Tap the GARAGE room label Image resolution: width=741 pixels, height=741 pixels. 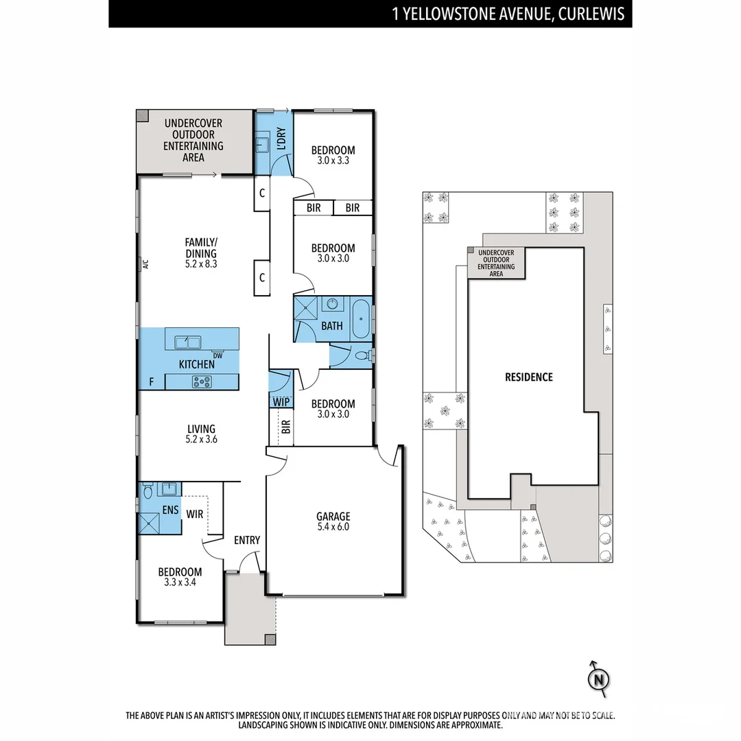[333, 517]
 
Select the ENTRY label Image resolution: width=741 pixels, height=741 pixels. [247, 540]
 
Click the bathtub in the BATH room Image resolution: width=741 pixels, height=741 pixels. [360, 318]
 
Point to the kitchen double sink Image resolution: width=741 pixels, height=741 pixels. [187, 341]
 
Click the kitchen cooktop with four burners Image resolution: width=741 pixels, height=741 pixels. [202, 382]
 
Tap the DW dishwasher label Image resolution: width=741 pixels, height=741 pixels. [217, 355]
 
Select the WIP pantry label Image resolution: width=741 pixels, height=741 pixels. [280, 401]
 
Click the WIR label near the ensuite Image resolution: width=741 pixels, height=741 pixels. [194, 513]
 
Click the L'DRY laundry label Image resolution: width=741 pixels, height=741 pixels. [281, 140]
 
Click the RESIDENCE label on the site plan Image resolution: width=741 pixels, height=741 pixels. [528, 377]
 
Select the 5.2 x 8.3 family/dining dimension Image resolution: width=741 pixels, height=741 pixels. [200, 263]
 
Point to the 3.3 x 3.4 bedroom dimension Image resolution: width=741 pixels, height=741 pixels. [180, 583]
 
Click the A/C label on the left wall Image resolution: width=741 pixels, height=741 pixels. [145, 263]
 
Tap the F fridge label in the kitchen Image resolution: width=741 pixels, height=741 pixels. [151, 382]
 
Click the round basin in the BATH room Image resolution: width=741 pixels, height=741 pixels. [333, 304]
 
